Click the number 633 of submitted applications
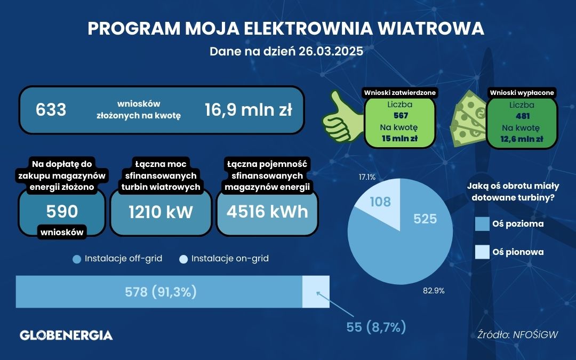pyautogui.click(x=51, y=109)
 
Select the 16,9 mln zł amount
pyautogui.click(x=249, y=109)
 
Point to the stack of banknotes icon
pyautogui.click(x=468, y=118)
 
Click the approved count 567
pyautogui.click(x=401, y=116)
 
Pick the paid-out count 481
pyautogui.click(x=523, y=116)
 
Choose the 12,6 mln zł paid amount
pyautogui.click(x=522, y=139)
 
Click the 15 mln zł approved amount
pyautogui.click(x=399, y=139)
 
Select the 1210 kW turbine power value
pyautogui.click(x=161, y=212)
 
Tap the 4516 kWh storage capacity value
pyautogui.click(x=267, y=212)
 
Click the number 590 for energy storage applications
pyautogui.click(x=62, y=211)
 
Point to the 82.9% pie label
pyautogui.click(x=434, y=291)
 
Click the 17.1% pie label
pyautogui.click(x=367, y=177)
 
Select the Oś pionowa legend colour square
pyautogui.click(x=482, y=252)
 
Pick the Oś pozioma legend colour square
pyautogui.click(x=482, y=223)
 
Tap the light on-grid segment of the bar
pyautogui.click(x=316, y=292)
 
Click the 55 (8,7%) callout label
pyautogui.click(x=376, y=326)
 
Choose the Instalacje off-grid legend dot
pyautogui.click(x=77, y=259)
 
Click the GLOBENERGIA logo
pyautogui.click(x=66, y=335)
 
